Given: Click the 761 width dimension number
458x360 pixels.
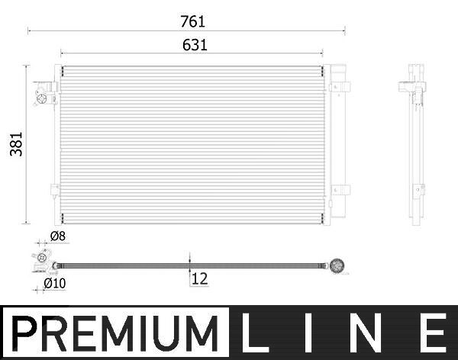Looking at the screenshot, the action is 193,21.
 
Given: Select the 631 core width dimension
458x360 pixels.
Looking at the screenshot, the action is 195,45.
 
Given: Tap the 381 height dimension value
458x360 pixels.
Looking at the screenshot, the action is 16,144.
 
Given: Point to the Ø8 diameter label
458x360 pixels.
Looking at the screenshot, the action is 58,236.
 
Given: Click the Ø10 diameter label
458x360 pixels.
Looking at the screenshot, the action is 55,283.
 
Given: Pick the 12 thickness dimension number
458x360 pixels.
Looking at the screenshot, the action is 200,279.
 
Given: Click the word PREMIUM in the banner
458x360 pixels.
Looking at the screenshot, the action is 115,333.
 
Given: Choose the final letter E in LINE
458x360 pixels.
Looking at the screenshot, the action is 433,333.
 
